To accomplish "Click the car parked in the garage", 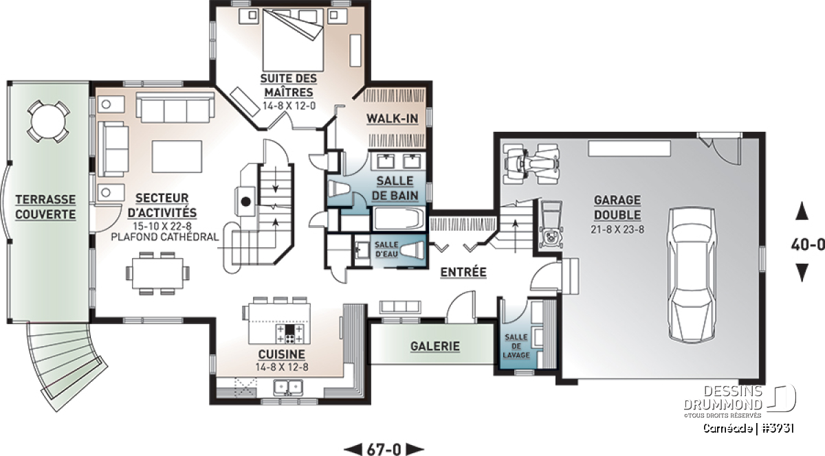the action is pos(692,275).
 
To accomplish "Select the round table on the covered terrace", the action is pos(48,121).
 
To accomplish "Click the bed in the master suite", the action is pos(293,40).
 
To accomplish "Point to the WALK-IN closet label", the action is pos(393,119).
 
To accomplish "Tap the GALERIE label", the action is pos(435,346).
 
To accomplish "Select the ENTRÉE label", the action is pos(463,272).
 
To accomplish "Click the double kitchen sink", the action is pos(288,387).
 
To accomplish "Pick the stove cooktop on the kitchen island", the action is pos(289,334).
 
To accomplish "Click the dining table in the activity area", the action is pos(157,273).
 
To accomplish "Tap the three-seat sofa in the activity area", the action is pos(175,107).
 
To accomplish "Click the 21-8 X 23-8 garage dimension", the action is pos(617,229).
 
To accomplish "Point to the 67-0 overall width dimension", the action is pos(384,449).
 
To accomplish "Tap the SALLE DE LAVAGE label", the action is pos(516,346).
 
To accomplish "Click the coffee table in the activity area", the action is pos(177,157).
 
